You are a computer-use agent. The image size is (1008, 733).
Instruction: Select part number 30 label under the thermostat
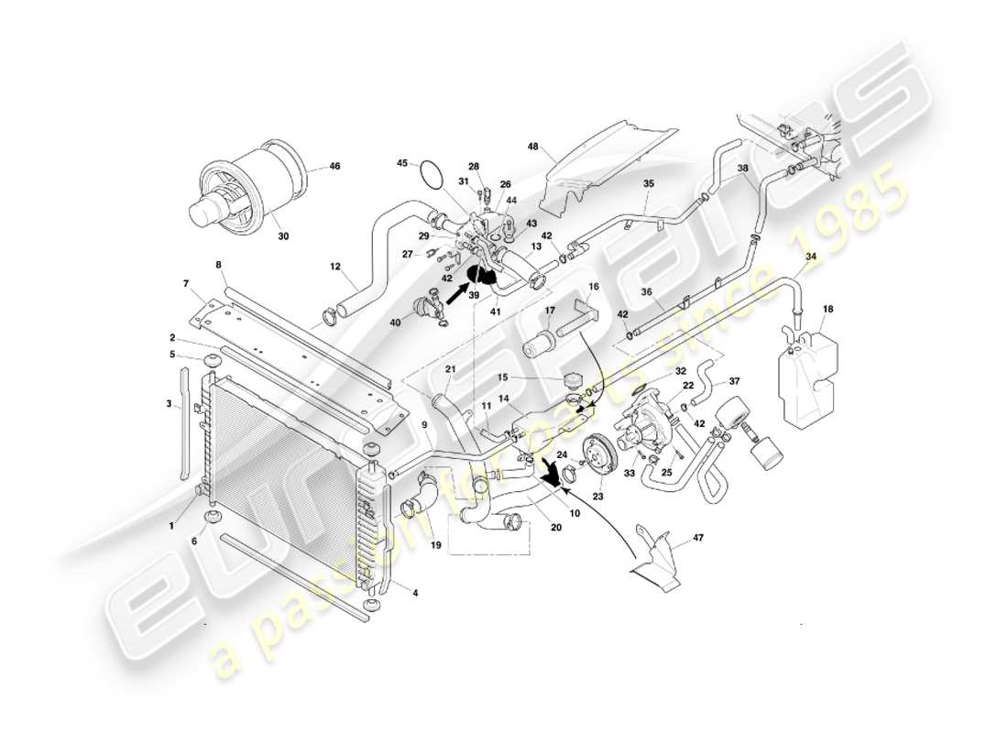pos(283,235)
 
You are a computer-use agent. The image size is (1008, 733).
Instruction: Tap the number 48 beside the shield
pos(534,147)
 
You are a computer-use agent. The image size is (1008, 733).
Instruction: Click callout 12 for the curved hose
pos(336,268)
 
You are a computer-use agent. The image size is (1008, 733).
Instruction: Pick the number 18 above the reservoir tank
pos(828,311)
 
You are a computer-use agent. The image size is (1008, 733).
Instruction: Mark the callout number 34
pos(810,257)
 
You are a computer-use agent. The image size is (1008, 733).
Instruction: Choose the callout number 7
pos(185,283)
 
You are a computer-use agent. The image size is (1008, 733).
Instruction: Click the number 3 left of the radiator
pos(169,403)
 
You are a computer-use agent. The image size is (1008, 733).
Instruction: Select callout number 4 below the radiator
pos(415,593)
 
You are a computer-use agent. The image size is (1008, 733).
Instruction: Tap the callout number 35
pos(648,184)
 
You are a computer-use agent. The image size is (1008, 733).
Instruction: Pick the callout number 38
pos(742,169)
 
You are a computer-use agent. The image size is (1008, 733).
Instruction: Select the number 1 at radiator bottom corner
pos(170,525)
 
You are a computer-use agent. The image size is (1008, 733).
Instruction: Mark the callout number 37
pos(734,380)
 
